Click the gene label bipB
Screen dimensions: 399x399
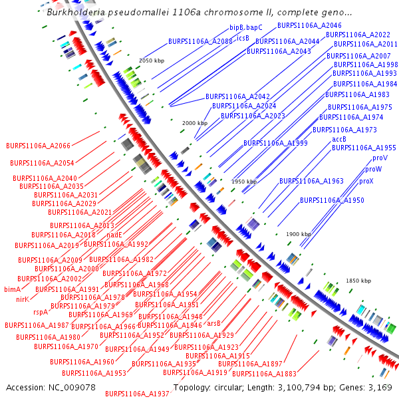(237, 28)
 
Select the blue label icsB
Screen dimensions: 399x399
(243, 38)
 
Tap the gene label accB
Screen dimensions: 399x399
(339, 139)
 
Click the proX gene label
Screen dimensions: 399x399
(366, 181)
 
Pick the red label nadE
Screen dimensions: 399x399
(114, 235)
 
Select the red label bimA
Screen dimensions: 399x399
(13, 289)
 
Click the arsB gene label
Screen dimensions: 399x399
(213, 323)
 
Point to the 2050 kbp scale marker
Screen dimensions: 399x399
(151, 61)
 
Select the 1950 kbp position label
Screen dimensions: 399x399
(244, 181)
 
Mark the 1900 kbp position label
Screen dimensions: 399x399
(299, 234)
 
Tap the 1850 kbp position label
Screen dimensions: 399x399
(358, 281)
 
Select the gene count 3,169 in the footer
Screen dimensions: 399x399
(378, 387)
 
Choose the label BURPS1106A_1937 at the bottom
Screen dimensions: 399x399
(137, 394)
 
